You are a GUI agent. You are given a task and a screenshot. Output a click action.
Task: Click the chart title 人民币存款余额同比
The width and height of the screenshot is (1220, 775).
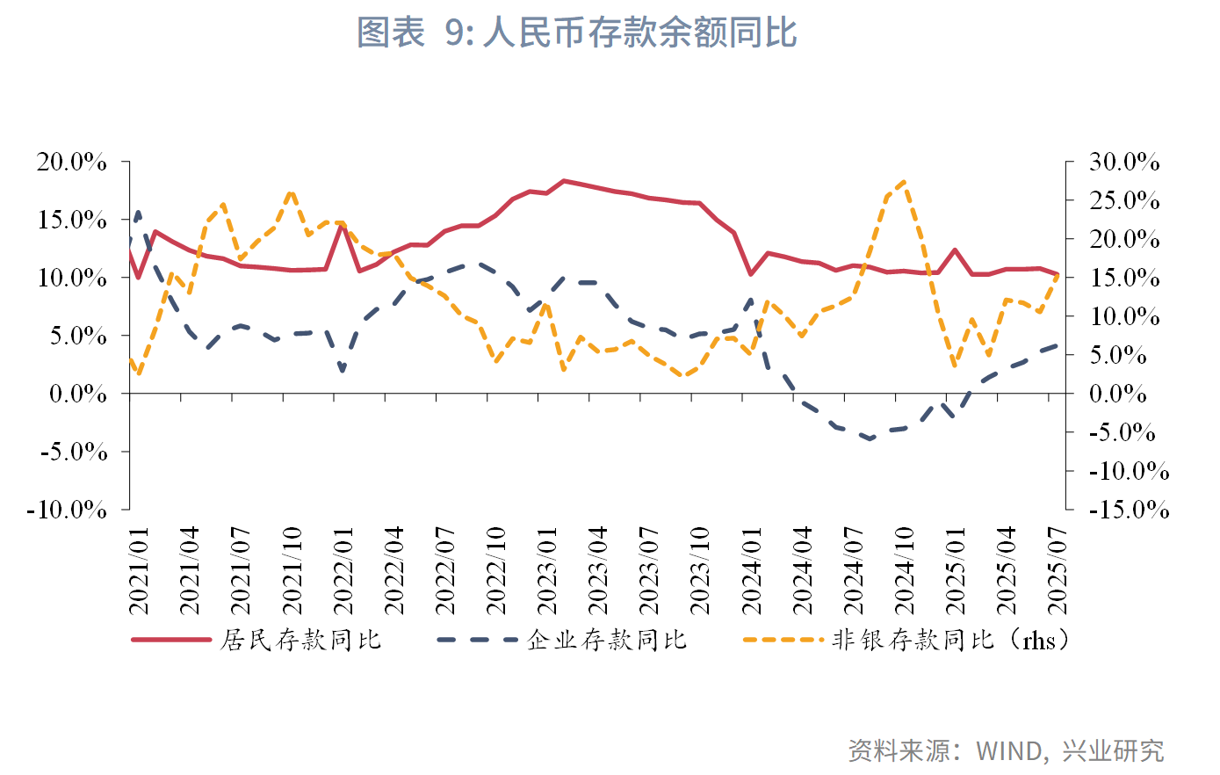(x=576, y=33)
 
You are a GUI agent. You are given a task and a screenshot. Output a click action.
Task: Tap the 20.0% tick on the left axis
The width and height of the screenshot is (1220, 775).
(x=71, y=163)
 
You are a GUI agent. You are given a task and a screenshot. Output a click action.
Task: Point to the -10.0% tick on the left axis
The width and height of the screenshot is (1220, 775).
(x=67, y=510)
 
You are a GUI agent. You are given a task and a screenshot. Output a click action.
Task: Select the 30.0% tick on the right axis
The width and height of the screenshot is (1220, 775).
(x=1124, y=163)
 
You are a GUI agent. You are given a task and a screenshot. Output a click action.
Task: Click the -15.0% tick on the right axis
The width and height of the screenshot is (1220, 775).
(x=1129, y=510)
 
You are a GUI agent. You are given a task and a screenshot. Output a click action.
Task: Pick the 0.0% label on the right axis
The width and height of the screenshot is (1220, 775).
(x=1118, y=395)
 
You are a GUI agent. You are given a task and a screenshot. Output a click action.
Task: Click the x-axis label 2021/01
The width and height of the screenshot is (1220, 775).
(x=139, y=571)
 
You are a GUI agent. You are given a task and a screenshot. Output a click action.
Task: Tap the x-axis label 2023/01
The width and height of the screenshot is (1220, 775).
(x=547, y=571)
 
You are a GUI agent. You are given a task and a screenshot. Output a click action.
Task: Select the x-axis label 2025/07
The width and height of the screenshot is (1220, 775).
(x=1058, y=571)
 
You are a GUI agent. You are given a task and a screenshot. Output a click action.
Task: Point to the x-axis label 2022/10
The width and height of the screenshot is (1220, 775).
(x=496, y=571)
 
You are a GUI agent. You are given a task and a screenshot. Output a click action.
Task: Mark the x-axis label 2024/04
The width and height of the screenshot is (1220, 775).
(x=803, y=571)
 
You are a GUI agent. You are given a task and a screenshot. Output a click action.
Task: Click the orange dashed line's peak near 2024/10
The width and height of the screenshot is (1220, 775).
(x=905, y=182)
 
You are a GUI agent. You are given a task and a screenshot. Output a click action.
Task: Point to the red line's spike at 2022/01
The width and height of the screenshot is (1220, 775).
(x=343, y=225)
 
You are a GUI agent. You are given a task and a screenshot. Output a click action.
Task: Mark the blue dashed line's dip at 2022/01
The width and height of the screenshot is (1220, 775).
(x=343, y=370)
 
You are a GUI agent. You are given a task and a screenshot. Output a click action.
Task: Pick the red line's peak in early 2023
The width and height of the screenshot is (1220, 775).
(x=564, y=181)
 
